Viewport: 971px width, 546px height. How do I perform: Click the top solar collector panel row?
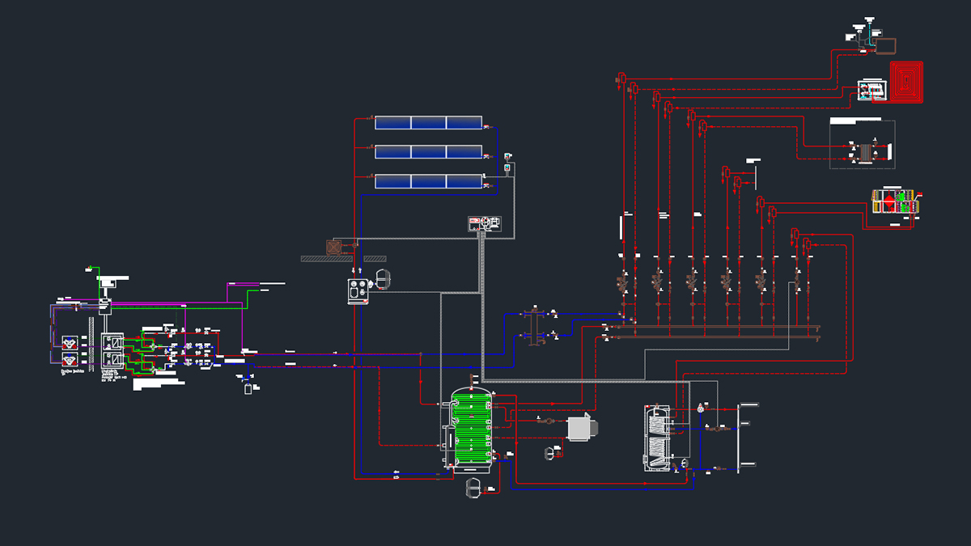(428, 123)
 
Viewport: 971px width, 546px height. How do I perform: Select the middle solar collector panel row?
(428, 152)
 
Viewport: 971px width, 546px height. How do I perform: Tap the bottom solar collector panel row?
(428, 181)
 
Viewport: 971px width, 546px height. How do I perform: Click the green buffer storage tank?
(471, 429)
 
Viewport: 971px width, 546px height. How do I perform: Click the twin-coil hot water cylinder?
(657, 438)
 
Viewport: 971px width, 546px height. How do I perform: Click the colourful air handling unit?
(897, 201)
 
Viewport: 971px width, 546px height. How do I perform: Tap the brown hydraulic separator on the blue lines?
(533, 325)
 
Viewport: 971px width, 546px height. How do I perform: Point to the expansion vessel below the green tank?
(473, 488)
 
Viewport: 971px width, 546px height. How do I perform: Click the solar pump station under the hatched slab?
(357, 290)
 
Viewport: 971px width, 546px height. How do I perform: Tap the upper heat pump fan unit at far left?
(70, 342)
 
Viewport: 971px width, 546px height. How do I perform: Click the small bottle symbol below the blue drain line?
(248, 389)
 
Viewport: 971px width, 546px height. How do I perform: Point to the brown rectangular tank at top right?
(884, 44)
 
